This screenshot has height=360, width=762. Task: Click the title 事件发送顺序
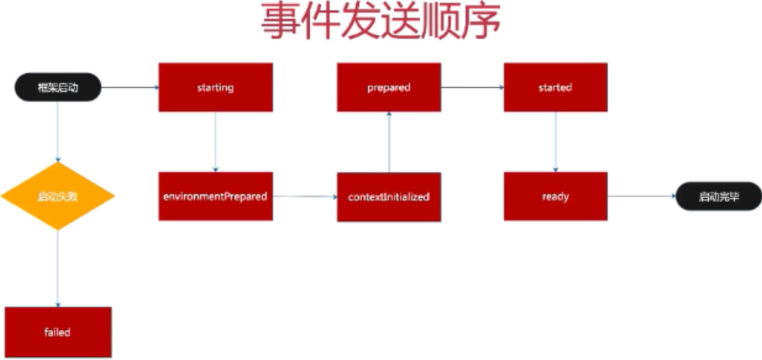pyautogui.click(x=380, y=23)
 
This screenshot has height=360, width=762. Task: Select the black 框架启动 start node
pyautogui.click(x=58, y=88)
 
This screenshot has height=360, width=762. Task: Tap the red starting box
pyautogui.click(x=216, y=87)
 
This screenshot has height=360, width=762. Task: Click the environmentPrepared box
pyautogui.click(x=216, y=196)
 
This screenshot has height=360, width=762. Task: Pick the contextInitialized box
pyautogui.click(x=388, y=197)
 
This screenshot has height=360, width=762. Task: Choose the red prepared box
pyautogui.click(x=388, y=87)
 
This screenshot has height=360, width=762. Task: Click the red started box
pyautogui.click(x=555, y=87)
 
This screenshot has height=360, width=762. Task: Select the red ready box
pyautogui.click(x=555, y=196)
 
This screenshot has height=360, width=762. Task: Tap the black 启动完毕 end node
pyautogui.click(x=718, y=197)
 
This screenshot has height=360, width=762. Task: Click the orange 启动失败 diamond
pyautogui.click(x=58, y=196)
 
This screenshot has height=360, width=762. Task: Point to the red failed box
pyautogui.click(x=58, y=332)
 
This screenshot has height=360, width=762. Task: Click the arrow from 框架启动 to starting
pyautogui.click(x=129, y=87)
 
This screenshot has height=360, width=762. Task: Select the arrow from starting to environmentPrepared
pyautogui.click(x=216, y=141)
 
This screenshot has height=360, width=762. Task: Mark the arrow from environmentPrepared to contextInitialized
pyautogui.click(x=304, y=197)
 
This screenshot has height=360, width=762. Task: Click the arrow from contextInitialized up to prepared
pyautogui.click(x=388, y=141)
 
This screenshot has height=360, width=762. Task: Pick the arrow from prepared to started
pyautogui.click(x=472, y=87)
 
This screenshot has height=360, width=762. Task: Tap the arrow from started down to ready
pyautogui.click(x=555, y=141)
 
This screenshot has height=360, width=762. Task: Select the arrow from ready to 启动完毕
pyautogui.click(x=641, y=197)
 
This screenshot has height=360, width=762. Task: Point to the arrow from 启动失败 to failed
pyautogui.click(x=58, y=268)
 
